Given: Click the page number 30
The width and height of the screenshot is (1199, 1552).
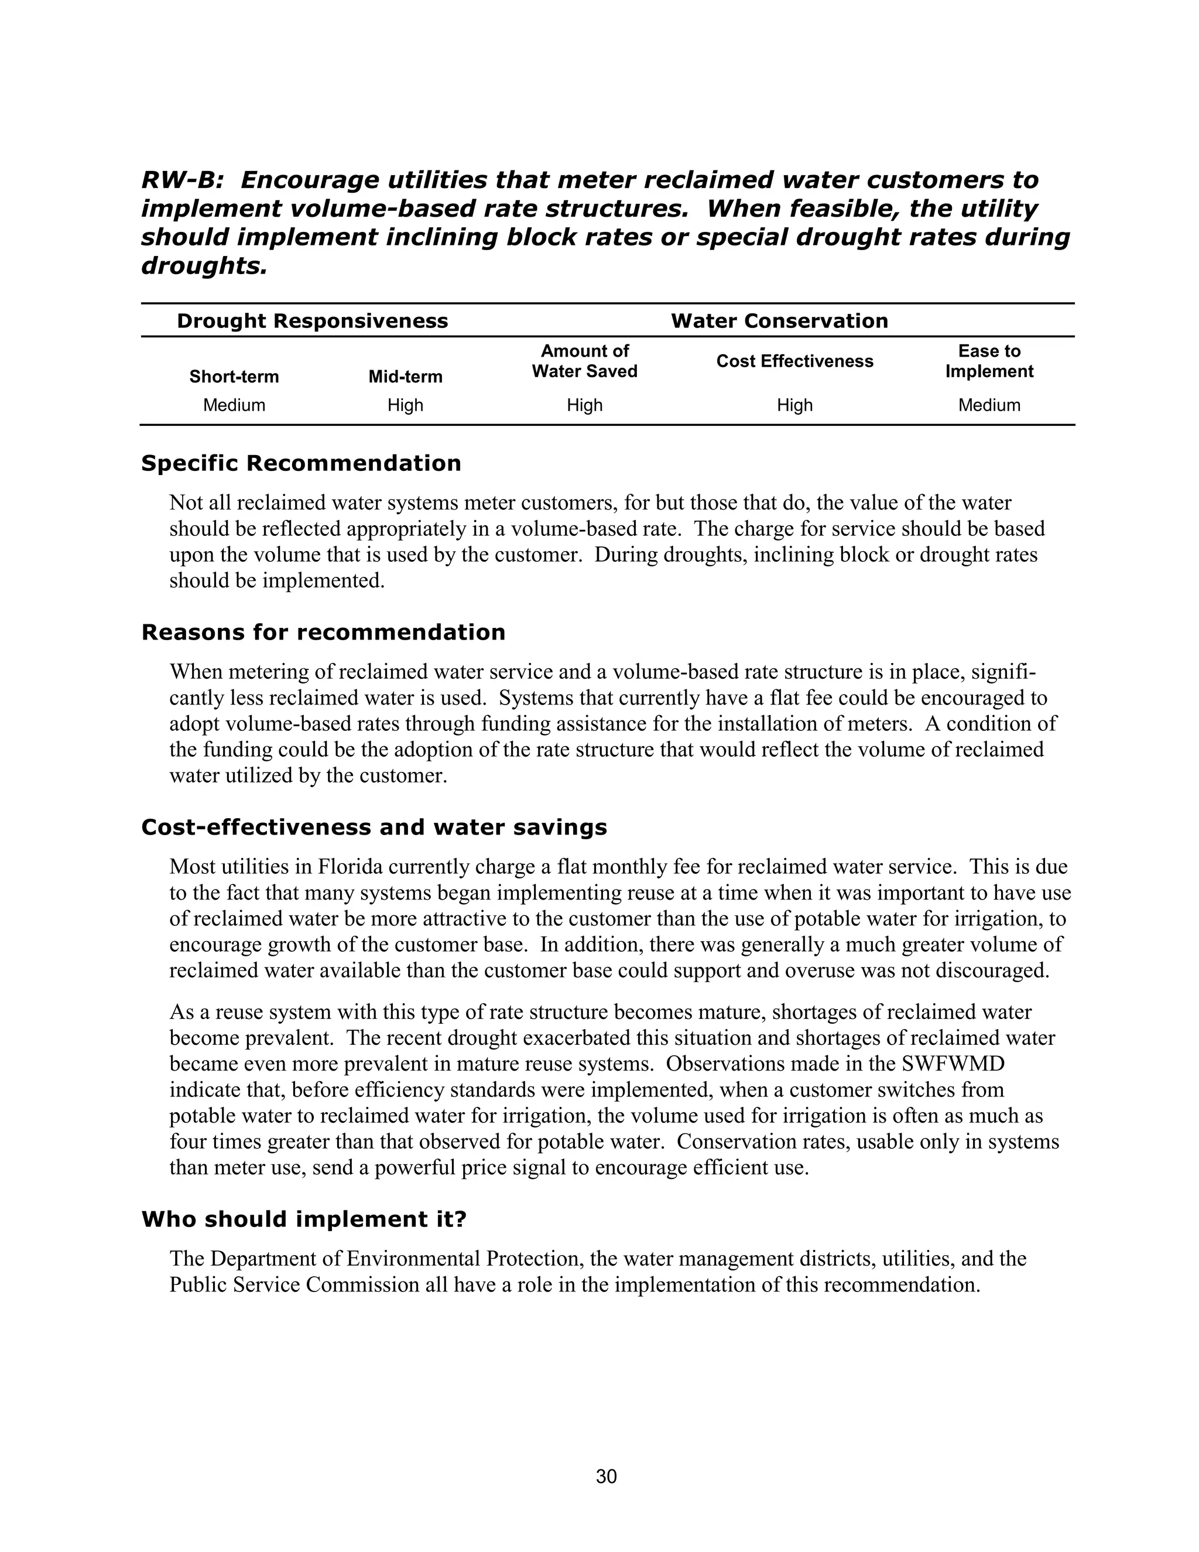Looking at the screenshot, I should [606, 1476].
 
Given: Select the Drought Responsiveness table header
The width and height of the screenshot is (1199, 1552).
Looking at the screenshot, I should [313, 321].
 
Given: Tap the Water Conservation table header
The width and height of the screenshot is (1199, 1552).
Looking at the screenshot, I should [779, 321].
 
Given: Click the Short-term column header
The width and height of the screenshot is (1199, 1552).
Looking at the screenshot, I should [234, 377].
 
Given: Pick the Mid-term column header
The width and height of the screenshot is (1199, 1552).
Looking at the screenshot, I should [405, 377].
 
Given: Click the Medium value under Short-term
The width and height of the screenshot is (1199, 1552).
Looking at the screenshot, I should [234, 405].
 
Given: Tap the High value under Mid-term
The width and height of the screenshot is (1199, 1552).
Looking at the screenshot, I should [405, 405].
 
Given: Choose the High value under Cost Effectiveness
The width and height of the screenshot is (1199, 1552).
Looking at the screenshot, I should [794, 405].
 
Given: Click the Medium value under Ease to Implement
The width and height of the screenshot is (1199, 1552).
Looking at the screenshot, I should [989, 405].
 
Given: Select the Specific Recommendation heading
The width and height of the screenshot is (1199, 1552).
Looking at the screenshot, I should [301, 463].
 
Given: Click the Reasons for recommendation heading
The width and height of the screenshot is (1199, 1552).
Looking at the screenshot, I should [323, 633].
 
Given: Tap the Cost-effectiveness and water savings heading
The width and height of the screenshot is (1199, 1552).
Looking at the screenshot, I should [374, 827].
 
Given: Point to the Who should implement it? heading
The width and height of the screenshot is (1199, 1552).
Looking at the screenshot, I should [304, 1219].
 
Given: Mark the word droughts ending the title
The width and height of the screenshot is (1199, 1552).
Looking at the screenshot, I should [204, 266].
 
